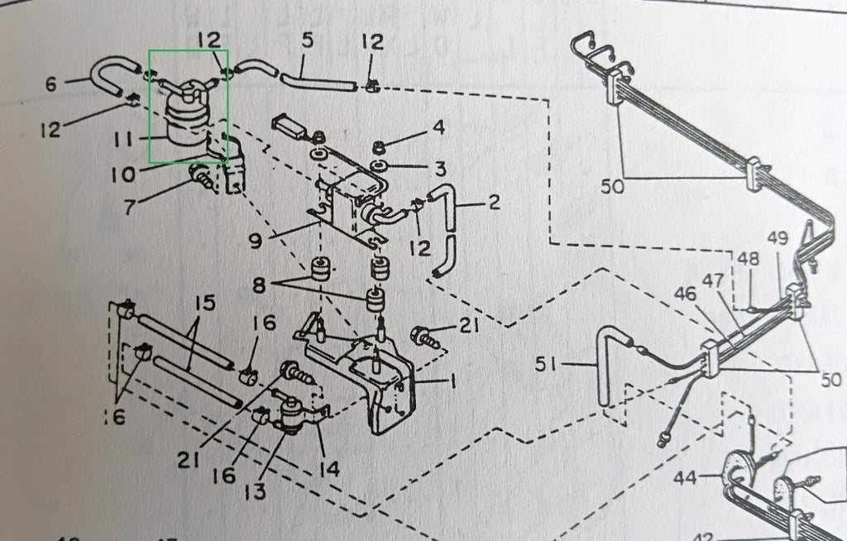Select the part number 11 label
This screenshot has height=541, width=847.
124,141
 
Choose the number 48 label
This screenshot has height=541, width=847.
748,258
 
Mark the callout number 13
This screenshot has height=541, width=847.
256,494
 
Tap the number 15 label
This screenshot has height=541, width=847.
203,304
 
